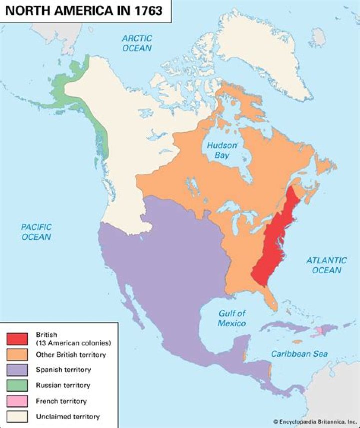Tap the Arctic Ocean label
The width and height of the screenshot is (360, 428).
click(137, 43)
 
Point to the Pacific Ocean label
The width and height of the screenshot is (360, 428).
click(36, 231)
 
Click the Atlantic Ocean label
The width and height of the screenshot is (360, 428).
click(326, 265)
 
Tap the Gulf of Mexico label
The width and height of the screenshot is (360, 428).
click(232, 318)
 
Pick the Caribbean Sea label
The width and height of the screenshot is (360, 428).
click(300, 354)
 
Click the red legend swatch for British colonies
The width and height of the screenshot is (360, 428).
click(17, 338)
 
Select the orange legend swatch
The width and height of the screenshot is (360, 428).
click(17, 354)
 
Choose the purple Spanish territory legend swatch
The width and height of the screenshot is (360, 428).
click(17, 370)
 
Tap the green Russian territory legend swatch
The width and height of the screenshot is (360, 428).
click(17, 385)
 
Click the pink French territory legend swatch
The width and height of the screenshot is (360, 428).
click(17, 401)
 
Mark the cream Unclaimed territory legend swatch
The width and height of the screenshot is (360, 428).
click(17, 416)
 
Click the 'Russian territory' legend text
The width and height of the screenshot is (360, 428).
click(63, 385)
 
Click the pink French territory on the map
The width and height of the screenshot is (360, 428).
click(318, 332)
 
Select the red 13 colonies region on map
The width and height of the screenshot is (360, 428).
click(272, 240)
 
